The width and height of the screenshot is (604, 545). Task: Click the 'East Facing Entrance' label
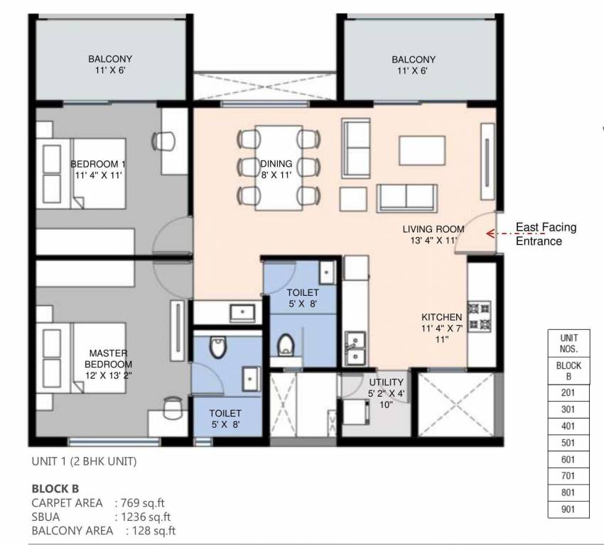click(x=545, y=234)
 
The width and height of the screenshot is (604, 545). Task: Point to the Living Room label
click(x=433, y=235)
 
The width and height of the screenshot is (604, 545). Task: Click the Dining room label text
click(x=276, y=169)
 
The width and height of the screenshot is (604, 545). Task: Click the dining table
click(x=276, y=167)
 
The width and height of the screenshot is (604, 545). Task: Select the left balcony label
click(x=109, y=65)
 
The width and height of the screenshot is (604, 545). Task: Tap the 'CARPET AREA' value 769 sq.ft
click(x=142, y=503)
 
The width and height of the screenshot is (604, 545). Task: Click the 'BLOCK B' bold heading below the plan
click(x=55, y=489)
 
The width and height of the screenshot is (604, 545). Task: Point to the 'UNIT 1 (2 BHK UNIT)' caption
click(x=84, y=461)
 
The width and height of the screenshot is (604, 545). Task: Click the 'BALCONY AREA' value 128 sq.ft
click(x=151, y=530)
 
